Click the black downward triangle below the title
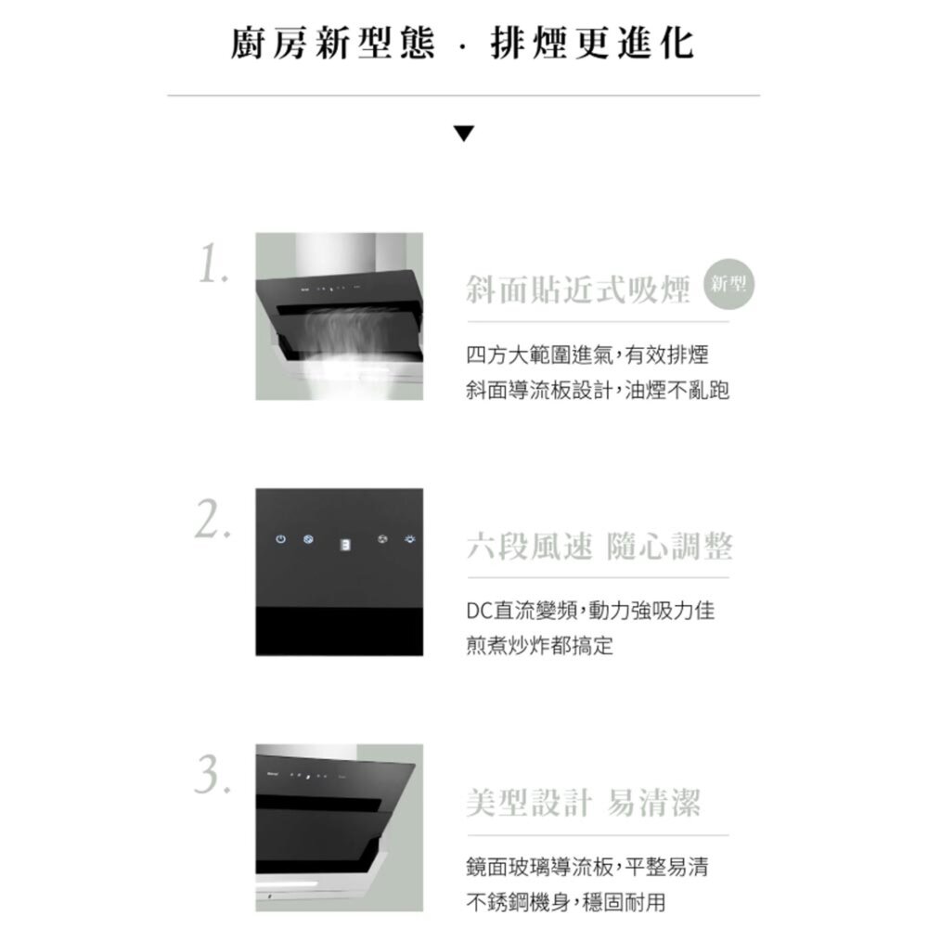click(x=464, y=134)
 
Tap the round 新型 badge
click(x=730, y=283)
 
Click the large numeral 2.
click(x=213, y=523)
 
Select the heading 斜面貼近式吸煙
click(x=578, y=290)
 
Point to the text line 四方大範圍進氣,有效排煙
click(x=587, y=354)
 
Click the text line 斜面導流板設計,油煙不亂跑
click(x=598, y=391)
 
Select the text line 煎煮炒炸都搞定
click(x=539, y=646)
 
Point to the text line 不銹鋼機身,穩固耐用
click(x=565, y=902)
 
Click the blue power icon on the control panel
click(x=279, y=539)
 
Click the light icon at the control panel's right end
click(x=406, y=539)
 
